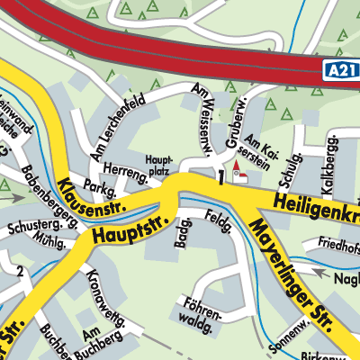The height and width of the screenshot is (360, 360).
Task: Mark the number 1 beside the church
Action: click(x=220, y=175)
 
